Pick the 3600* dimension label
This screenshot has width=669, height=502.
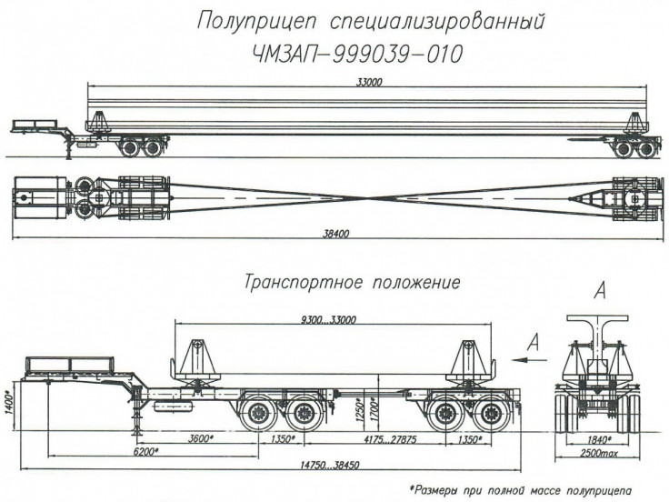(199, 440)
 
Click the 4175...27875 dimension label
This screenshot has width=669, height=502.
(386, 440)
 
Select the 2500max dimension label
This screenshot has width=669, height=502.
(600, 452)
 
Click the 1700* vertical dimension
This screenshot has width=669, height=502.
(374, 406)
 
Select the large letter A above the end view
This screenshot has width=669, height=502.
(599, 291)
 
